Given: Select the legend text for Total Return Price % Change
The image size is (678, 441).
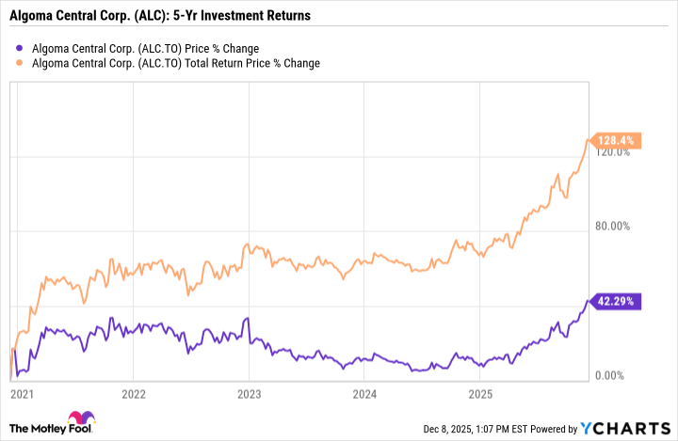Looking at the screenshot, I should (x=176, y=63).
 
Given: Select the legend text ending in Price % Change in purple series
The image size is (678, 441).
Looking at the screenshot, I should (x=145, y=48).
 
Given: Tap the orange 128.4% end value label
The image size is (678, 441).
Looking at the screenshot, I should (x=617, y=140).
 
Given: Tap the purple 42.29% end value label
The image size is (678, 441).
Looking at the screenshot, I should (x=617, y=301).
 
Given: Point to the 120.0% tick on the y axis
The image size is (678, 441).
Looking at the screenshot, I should (x=611, y=151).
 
